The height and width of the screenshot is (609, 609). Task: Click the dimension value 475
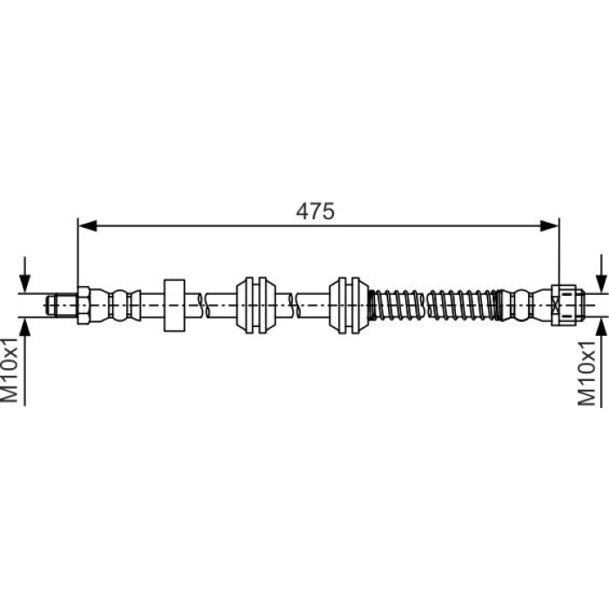[x=315, y=211]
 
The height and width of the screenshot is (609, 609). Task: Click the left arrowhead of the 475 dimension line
[x=87, y=225]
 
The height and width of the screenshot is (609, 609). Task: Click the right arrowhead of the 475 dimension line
[x=550, y=225]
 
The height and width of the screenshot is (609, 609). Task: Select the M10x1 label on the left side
[x=10, y=370]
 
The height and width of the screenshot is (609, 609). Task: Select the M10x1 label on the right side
[x=587, y=373]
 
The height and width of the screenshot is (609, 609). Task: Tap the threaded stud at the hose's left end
[x=62, y=304]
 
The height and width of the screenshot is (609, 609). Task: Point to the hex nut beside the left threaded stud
[x=84, y=305]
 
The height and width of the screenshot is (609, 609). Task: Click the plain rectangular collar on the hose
[x=174, y=305]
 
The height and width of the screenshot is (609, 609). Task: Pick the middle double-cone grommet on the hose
[x=256, y=305]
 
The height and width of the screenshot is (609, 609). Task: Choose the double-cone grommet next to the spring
[x=349, y=305]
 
